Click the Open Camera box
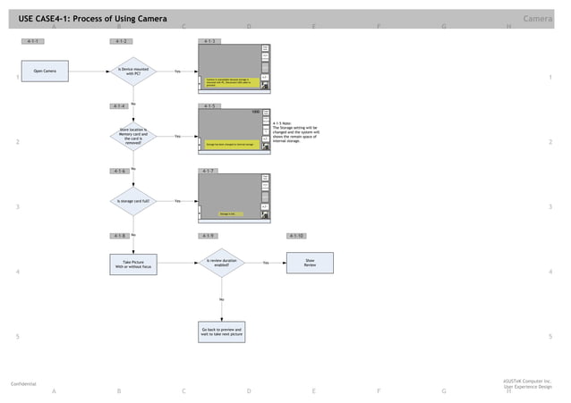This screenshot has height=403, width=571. tap(45, 71)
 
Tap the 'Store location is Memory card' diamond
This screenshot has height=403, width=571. tap(133, 136)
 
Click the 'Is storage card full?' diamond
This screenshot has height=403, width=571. tap(133, 201)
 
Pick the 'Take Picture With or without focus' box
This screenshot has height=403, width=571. tap(133, 264)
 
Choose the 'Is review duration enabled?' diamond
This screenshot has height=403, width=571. tap(221, 263)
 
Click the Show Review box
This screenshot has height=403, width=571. tap(310, 263)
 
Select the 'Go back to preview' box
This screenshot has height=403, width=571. tap(221, 332)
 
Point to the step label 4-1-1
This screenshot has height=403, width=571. tap(33, 41)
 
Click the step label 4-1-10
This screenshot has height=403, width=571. tap(297, 236)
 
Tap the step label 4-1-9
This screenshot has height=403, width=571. tap(209, 236)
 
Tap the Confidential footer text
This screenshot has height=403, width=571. tap(23, 383)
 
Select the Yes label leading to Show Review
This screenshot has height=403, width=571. tap(266, 263)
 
